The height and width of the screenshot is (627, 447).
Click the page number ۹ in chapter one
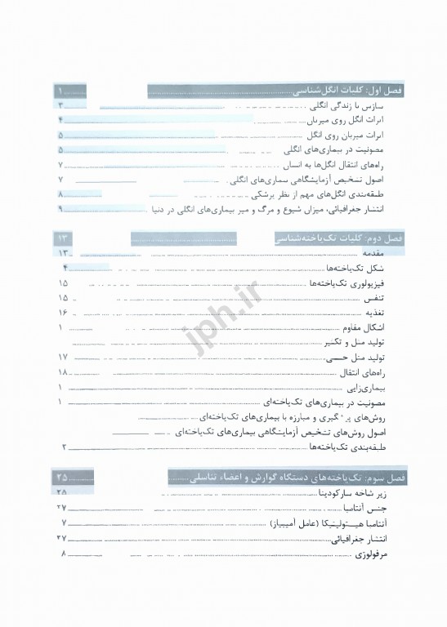pos(61,210)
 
